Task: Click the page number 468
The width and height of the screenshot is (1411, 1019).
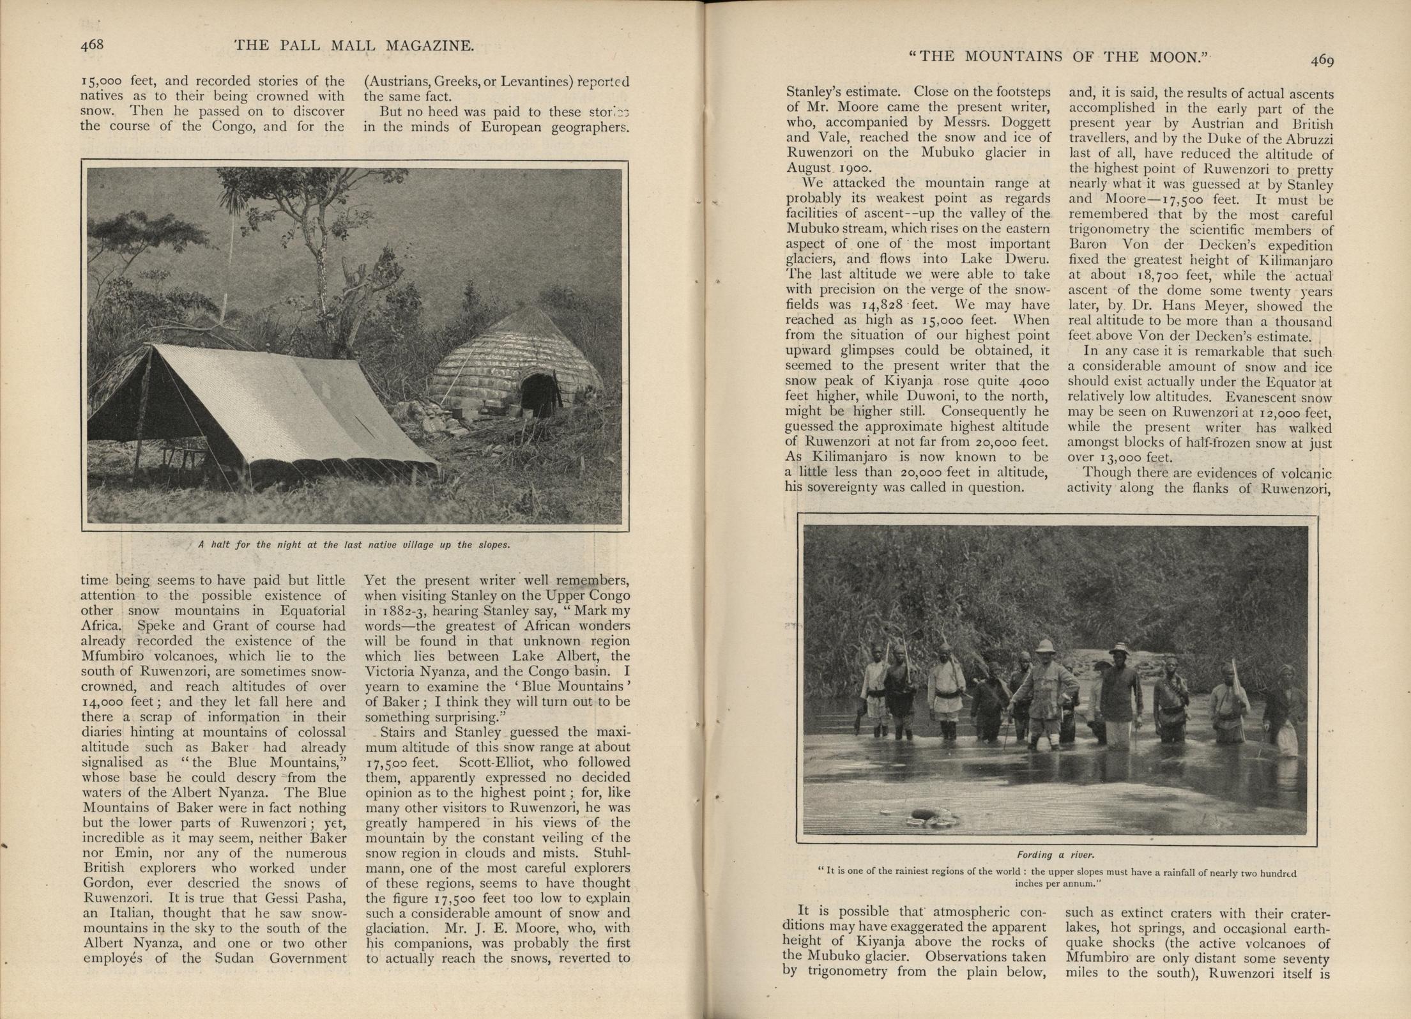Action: pos(91,45)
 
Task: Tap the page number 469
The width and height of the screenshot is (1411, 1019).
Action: pos(1322,60)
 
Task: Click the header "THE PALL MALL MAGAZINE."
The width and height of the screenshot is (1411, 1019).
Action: pos(354,45)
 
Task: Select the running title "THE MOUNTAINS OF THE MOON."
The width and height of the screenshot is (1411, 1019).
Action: pos(1059,56)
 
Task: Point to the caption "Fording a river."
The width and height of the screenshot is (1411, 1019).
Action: pos(1055,854)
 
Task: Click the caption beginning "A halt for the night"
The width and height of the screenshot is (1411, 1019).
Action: pos(354,545)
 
